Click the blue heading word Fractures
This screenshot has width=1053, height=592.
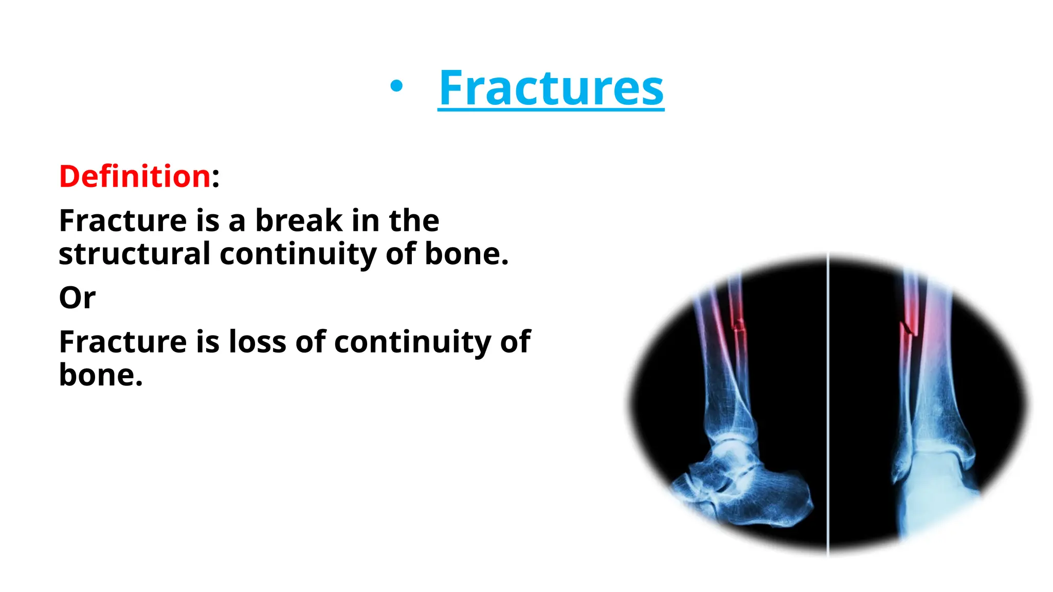pyautogui.click(x=551, y=88)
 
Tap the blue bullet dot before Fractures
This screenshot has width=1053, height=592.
pyautogui.click(x=396, y=87)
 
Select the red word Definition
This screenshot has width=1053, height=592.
pyautogui.click(x=135, y=176)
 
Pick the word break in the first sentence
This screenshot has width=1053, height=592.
pyautogui.click(x=299, y=220)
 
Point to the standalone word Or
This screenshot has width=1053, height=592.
pyautogui.click(x=77, y=298)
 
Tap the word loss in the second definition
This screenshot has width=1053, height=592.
pyautogui.click(x=257, y=342)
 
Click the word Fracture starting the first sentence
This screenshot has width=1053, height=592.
pyautogui.click(x=122, y=220)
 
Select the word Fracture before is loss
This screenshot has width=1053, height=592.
pyautogui.click(x=122, y=342)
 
